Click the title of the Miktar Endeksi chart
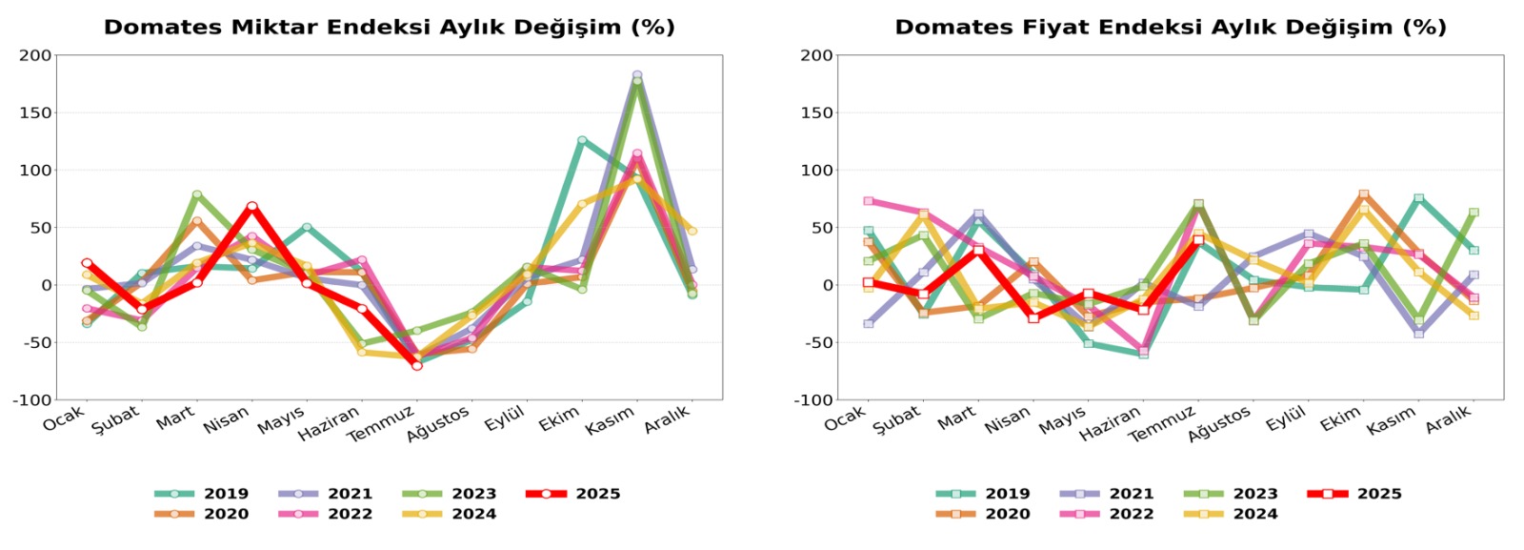pyautogui.click(x=389, y=27)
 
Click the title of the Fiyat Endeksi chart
pyautogui.click(x=1170, y=27)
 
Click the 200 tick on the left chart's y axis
pyautogui.click(x=35, y=55)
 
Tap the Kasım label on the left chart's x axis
pyautogui.click(x=610, y=420)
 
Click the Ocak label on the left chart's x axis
pyautogui.click(x=64, y=418)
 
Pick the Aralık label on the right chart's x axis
pyautogui.click(x=1449, y=418)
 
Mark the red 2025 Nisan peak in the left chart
pyautogui.click(x=252, y=206)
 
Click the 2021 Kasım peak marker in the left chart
pyautogui.click(x=637, y=74)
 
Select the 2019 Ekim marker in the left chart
pyautogui.click(x=582, y=140)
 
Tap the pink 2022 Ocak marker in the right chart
pyautogui.click(x=869, y=201)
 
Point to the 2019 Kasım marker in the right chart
pyautogui.click(x=1419, y=198)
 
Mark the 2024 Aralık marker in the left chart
pyautogui.click(x=692, y=231)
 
